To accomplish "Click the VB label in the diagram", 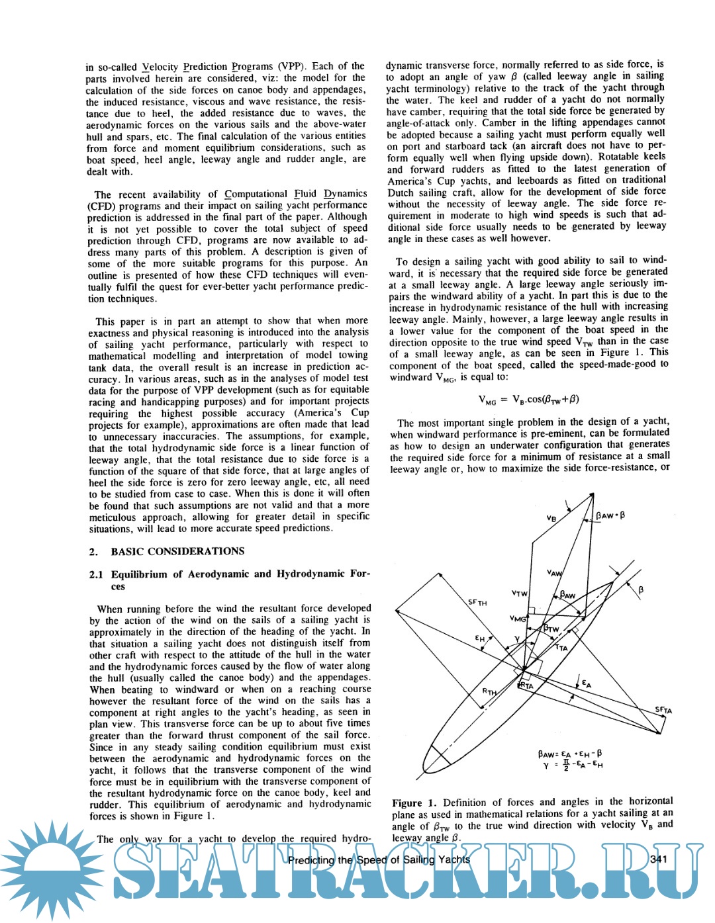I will pos(551,518).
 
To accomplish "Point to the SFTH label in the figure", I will pos(477,602).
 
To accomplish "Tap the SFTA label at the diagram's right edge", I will pos(663,710).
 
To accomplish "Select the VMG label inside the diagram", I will pos(518,618).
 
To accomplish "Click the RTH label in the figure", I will pos(489,691).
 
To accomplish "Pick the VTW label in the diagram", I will pos(519,593).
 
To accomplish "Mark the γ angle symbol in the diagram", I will pos(516,639).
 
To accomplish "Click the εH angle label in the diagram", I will pos(480,638).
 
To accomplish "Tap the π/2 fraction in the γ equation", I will pos(565,765).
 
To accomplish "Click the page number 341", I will pos(658,859).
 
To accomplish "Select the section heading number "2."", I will pos(93,552).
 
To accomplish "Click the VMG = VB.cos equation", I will pos(528,400).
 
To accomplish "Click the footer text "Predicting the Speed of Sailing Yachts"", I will pos(379,860).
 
